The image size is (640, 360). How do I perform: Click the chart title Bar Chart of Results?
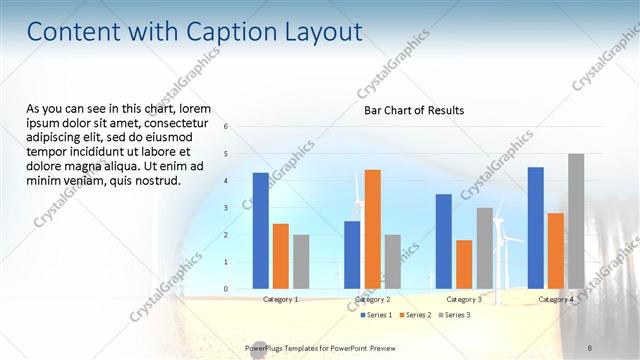coord(413,110)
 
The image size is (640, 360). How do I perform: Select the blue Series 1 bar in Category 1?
coord(261,230)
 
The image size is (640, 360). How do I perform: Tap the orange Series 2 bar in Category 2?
coord(372,228)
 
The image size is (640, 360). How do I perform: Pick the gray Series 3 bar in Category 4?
coord(575,221)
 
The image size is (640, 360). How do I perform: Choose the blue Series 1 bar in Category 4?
coord(535,227)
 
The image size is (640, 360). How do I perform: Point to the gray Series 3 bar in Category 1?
coord(301,261)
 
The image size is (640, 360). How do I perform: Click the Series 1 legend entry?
coord(377,315)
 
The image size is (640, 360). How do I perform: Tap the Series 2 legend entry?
coord(415,315)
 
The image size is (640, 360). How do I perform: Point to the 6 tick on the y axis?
coord(227,127)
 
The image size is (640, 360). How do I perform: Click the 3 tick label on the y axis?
coord(227,208)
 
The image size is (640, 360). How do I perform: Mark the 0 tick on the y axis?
coord(227,289)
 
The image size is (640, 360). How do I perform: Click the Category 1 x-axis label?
coord(280,299)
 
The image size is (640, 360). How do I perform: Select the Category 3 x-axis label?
coord(463,299)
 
